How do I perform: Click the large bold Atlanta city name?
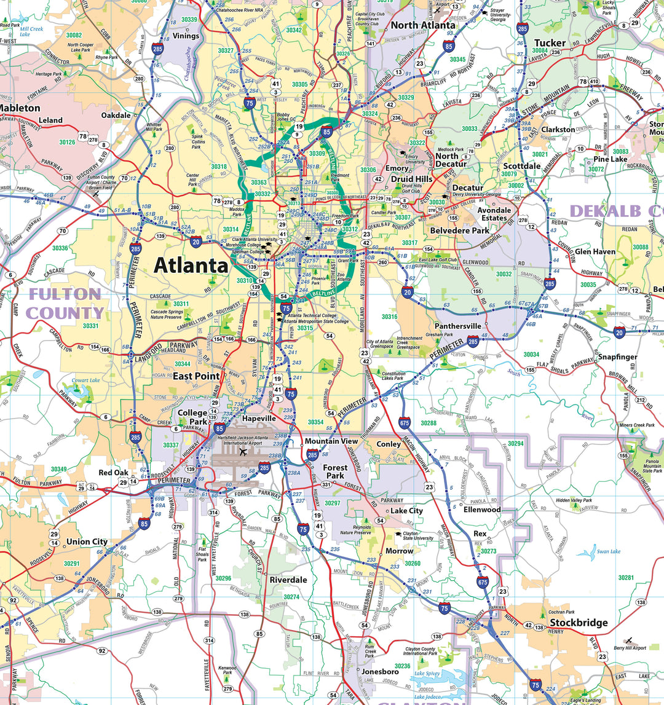coord(191,266)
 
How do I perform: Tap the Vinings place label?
coord(186,36)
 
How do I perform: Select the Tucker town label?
coord(549,43)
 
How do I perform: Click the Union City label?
coord(87,542)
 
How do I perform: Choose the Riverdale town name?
coord(288,580)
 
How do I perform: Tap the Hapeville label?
coord(259,418)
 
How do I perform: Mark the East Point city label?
coord(196,376)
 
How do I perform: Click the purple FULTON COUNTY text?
coord(65,304)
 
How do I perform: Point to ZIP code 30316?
coord(389,317)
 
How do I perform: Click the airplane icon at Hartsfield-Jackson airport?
coord(243,452)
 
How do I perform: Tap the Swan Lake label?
coord(609,551)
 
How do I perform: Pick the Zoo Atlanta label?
coord(345,278)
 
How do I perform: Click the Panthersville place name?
coord(457,326)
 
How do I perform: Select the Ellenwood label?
coord(482,510)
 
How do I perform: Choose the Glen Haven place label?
coord(595,251)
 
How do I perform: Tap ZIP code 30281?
coord(626,578)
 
